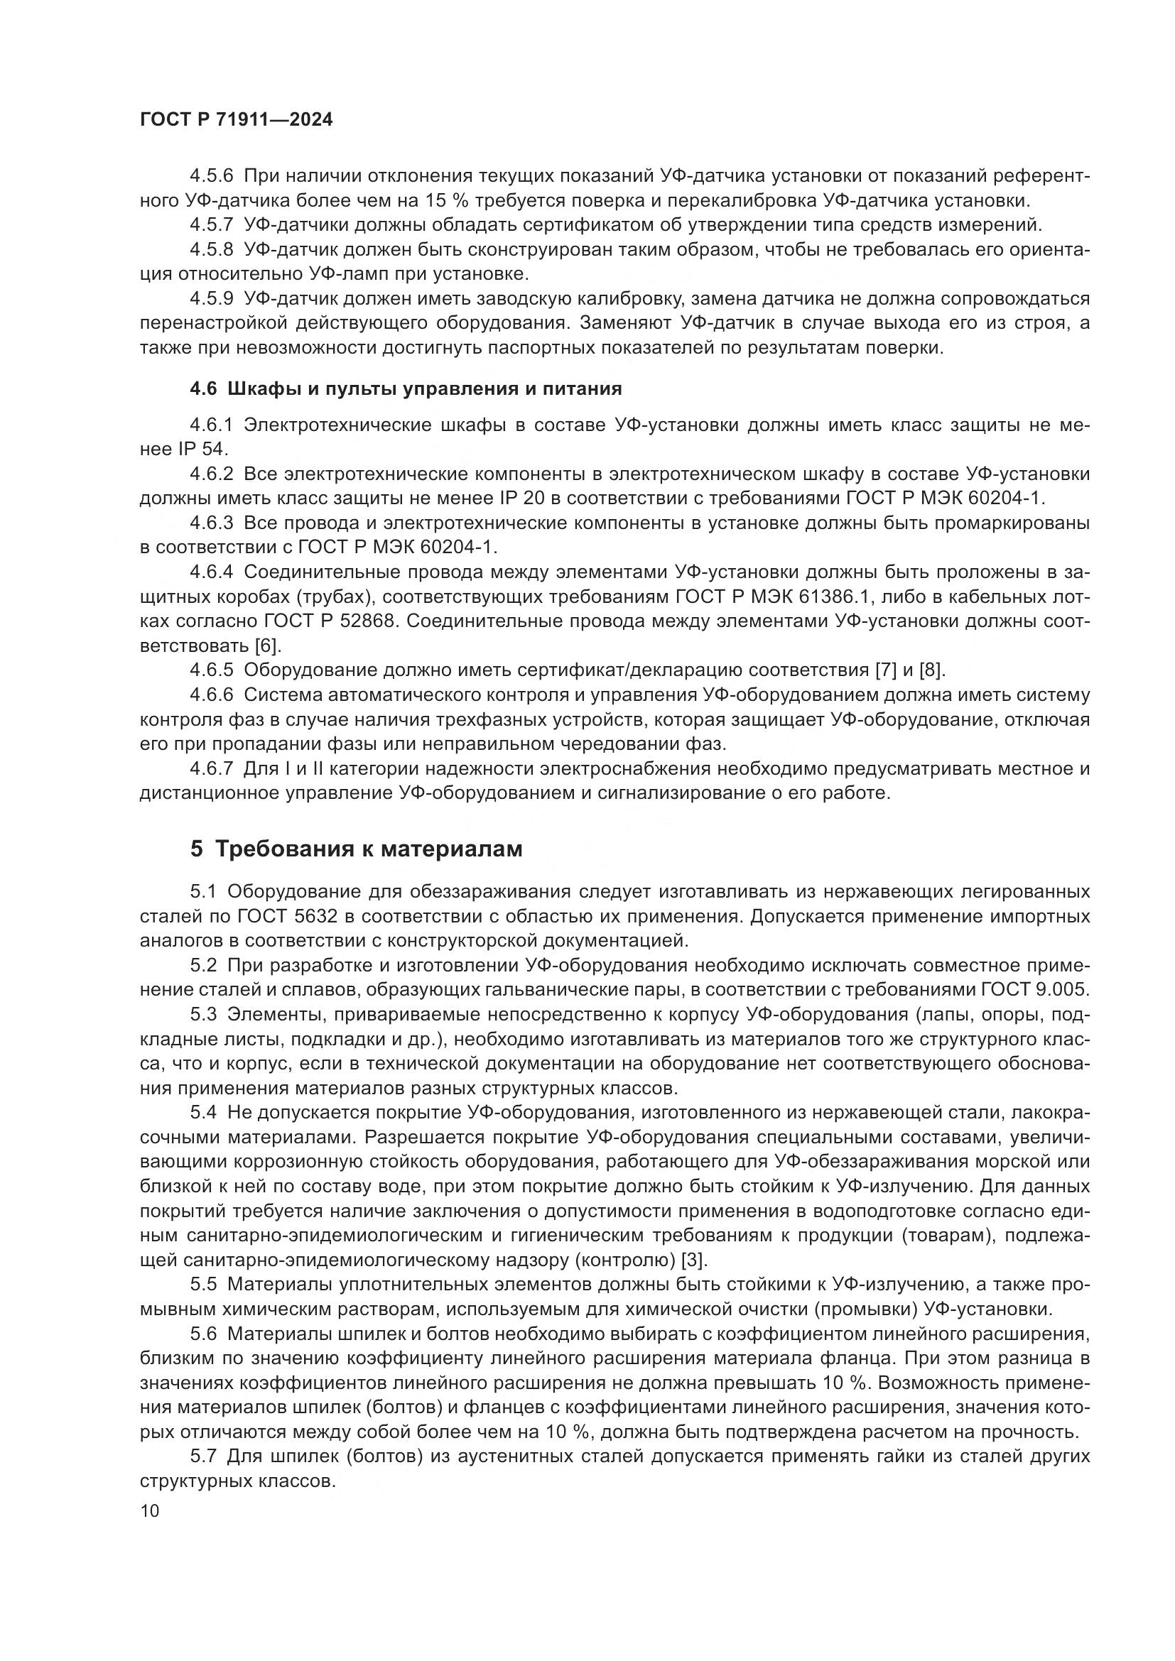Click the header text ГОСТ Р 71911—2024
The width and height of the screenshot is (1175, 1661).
tap(236, 119)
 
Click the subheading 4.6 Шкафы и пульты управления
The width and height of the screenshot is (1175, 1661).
tap(405, 388)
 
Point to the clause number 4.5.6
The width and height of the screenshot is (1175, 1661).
tap(211, 176)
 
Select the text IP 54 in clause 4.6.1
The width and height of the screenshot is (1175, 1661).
tap(202, 450)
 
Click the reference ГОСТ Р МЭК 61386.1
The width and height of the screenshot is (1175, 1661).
tap(791, 597)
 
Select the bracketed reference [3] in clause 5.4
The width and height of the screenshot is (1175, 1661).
tap(694, 1260)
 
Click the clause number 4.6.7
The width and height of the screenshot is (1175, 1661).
tap(211, 768)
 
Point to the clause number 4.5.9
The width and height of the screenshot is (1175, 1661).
tap(211, 298)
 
